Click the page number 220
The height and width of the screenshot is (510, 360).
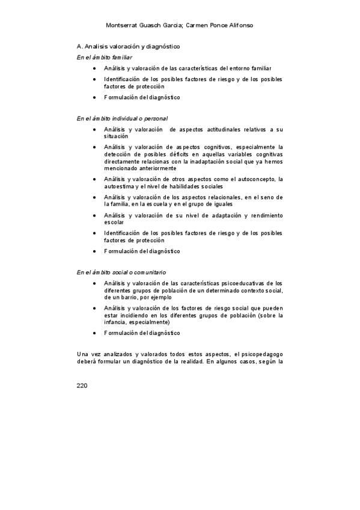coord(82,385)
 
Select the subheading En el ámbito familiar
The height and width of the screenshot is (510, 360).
coord(105,57)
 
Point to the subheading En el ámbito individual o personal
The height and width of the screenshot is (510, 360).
coord(122,118)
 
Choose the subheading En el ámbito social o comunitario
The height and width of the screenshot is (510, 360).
coord(121,272)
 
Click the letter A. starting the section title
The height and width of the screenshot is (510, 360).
coord(80,46)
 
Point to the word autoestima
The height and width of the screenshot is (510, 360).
coord(120,186)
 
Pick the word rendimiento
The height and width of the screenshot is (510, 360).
coord(263,215)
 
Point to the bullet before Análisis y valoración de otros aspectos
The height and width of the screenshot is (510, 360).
coord(94,179)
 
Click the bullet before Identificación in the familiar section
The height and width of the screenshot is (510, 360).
coord(94,79)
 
